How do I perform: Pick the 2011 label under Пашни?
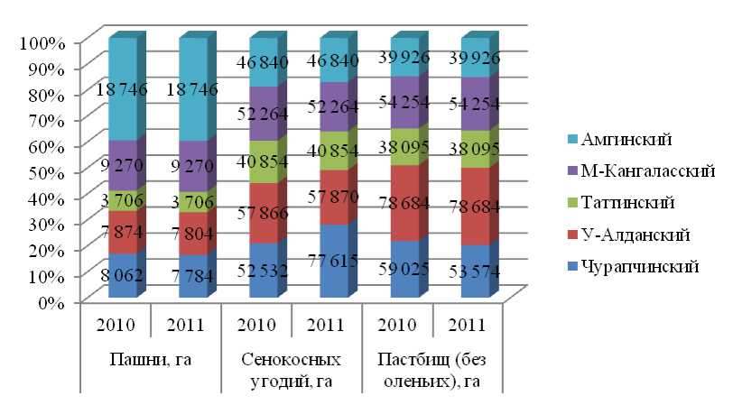pos(186,325)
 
